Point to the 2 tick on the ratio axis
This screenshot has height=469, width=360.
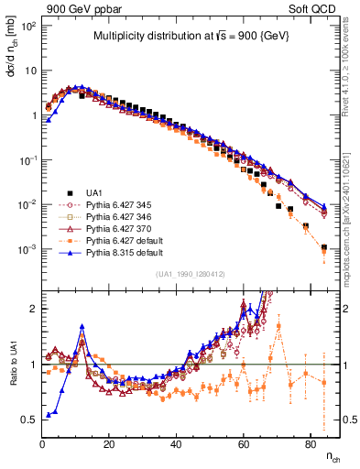tap(33, 309)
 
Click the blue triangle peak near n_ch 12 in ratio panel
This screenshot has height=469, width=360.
tap(82, 326)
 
